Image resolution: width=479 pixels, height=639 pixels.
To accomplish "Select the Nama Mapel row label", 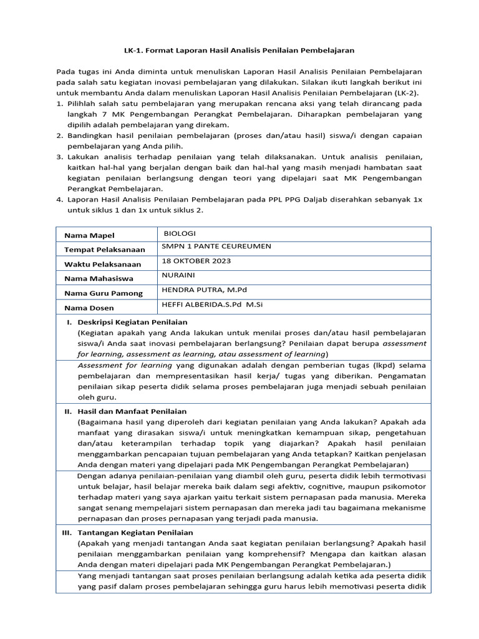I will coord(89,235).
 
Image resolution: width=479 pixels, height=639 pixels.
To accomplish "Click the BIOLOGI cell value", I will coord(180,233).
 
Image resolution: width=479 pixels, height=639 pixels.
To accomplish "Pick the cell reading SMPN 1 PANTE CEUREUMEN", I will coord(216,246).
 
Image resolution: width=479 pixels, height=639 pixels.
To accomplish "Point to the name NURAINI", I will coord(178,275).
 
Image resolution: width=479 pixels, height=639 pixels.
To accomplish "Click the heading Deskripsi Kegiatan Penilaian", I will coord(132,322).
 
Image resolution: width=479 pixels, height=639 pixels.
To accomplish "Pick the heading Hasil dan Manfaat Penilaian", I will coord(132,412).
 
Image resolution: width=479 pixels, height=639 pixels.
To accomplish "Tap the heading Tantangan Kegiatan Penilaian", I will coord(135,532).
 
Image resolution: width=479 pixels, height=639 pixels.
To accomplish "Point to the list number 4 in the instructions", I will coord(60,200).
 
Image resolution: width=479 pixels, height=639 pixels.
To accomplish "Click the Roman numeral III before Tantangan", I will coord(66,532).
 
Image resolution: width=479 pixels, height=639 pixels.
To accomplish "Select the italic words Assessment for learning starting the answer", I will coord(125,365).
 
